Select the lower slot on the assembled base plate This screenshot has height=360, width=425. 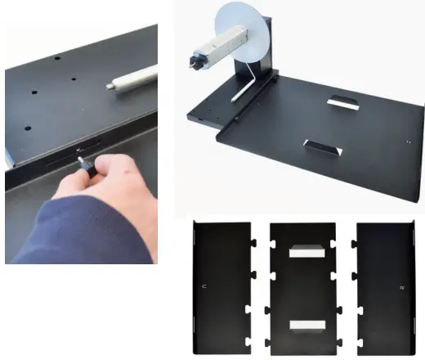320,148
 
